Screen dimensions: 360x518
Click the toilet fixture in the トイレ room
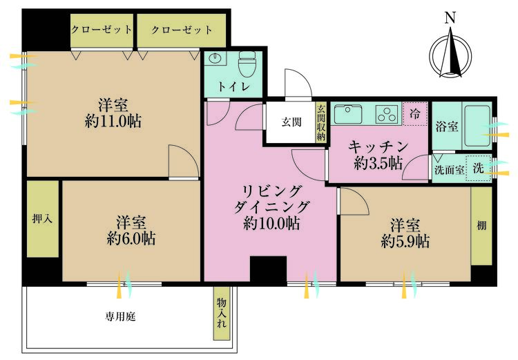(247, 66)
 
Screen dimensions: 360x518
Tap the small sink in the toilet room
(215, 58)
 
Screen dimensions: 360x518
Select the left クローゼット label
(102, 30)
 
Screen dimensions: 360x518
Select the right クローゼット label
(181, 30)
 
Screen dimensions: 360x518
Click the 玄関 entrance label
(291, 122)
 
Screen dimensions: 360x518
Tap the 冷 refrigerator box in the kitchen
(414, 113)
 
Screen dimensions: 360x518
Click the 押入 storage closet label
(43, 219)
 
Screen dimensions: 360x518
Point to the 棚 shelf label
(481, 226)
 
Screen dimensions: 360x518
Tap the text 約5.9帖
(404, 241)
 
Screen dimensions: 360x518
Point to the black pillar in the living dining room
(268, 269)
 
